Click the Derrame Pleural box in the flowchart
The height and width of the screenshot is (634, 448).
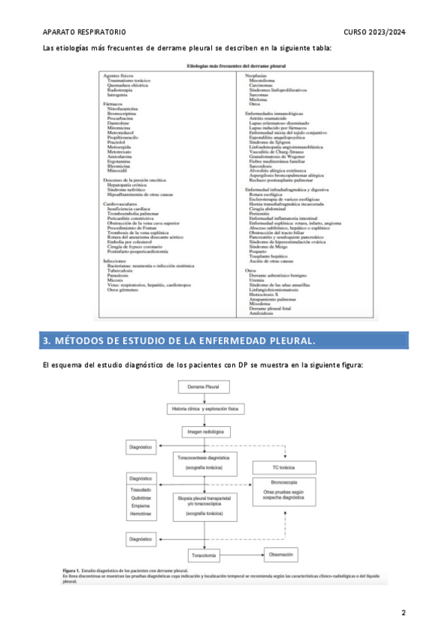[202, 389]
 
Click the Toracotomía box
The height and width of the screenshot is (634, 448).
[203, 555]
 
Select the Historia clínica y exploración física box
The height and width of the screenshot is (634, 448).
[205, 410]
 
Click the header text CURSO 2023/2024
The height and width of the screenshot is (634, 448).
[375, 32]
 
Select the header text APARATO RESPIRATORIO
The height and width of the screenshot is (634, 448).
[84, 32]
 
